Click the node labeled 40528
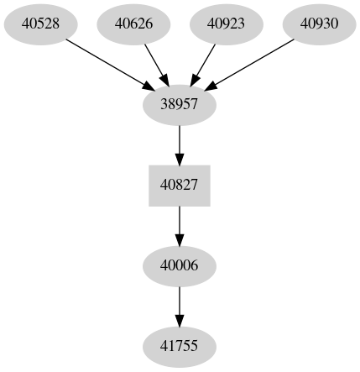click(x=40, y=24)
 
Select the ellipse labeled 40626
click(x=133, y=24)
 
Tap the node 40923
click(x=226, y=24)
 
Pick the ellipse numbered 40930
click(x=319, y=24)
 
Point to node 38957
click(x=180, y=104)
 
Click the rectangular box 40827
click(x=180, y=185)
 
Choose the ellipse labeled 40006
click(x=180, y=265)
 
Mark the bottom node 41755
click(x=180, y=346)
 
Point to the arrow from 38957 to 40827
click(x=180, y=144)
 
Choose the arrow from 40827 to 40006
click(x=180, y=225)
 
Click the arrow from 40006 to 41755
click(x=180, y=306)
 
